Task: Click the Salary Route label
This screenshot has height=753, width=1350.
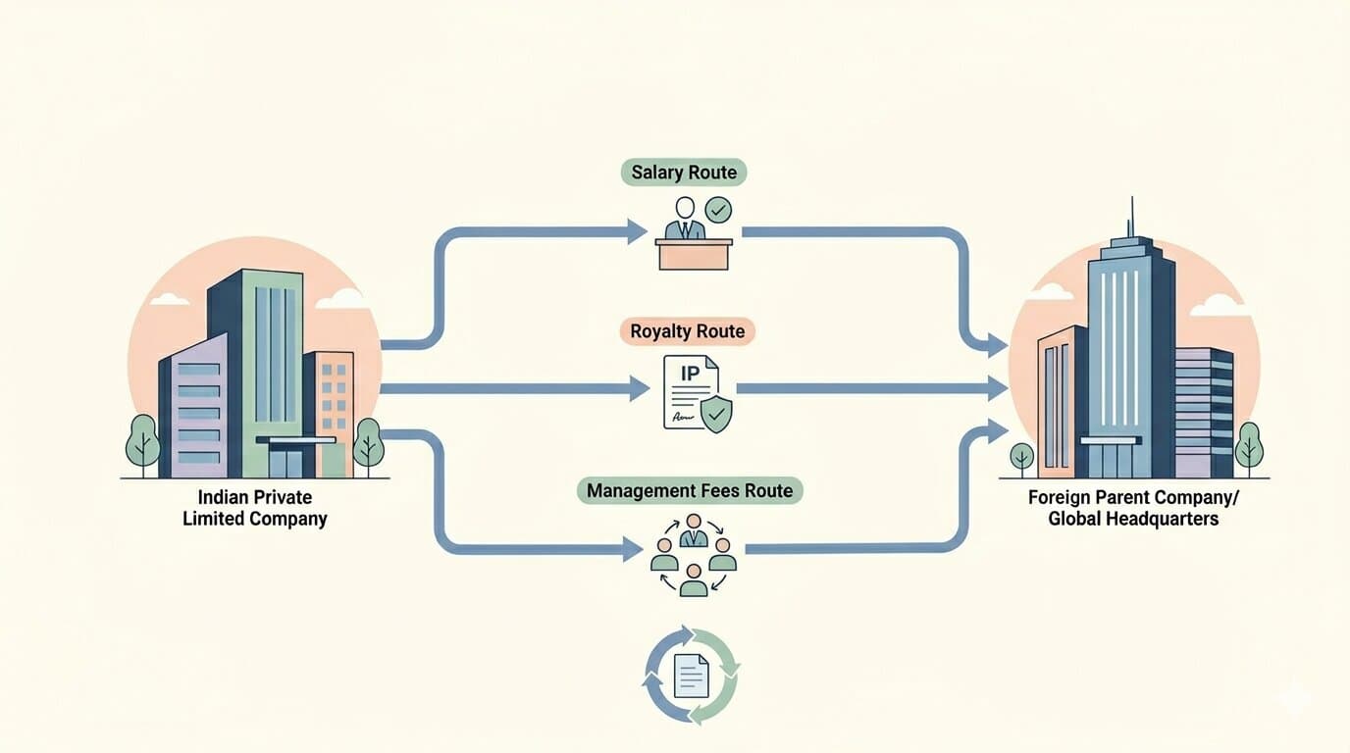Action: pyautogui.click(x=684, y=173)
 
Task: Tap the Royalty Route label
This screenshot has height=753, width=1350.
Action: pyautogui.click(x=687, y=331)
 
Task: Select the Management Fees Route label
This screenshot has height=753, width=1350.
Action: pyautogui.click(x=690, y=490)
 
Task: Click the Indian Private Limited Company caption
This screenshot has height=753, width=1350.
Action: pyautogui.click(x=255, y=508)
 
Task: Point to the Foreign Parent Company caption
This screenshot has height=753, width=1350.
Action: pyautogui.click(x=1133, y=508)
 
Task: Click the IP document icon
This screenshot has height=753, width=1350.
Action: pyautogui.click(x=692, y=392)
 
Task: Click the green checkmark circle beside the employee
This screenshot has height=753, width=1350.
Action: pyautogui.click(x=718, y=210)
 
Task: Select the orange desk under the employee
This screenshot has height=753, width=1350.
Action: pyautogui.click(x=694, y=255)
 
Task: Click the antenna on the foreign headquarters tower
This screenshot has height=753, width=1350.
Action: pyautogui.click(x=1132, y=217)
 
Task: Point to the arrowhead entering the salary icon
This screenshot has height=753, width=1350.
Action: pyautogui.click(x=637, y=232)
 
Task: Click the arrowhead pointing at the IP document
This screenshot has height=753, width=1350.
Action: pyautogui.click(x=640, y=388)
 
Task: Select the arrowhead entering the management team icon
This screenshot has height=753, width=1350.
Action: pyautogui.click(x=632, y=549)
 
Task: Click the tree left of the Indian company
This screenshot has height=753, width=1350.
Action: pyautogui.click(x=143, y=444)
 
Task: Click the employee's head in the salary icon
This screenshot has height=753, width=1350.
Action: pyautogui.click(x=685, y=208)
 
